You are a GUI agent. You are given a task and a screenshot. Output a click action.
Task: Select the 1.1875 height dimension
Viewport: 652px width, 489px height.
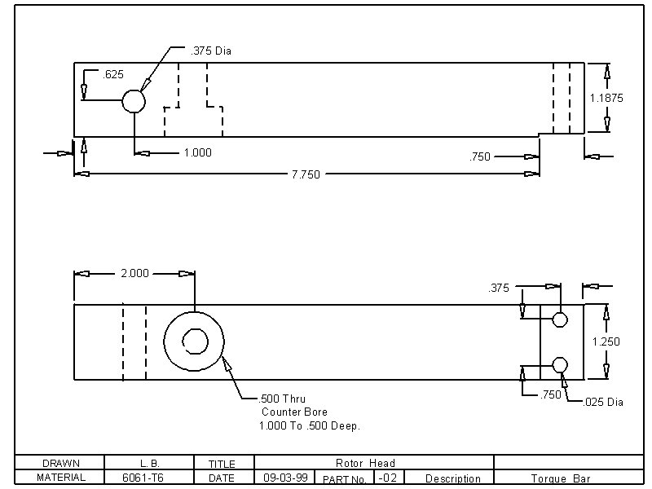click(606, 98)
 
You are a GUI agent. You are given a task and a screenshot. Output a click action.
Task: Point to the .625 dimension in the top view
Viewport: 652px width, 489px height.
click(113, 75)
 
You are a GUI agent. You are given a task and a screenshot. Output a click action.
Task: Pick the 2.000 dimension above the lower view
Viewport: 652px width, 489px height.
click(134, 274)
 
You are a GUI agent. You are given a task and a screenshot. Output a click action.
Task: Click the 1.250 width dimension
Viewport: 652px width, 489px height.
click(606, 341)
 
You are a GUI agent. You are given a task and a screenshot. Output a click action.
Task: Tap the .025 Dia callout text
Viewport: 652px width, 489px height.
click(604, 402)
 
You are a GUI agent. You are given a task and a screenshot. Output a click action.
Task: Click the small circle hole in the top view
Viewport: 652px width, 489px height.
click(133, 101)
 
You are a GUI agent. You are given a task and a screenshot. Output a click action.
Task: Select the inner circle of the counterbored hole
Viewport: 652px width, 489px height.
click(194, 341)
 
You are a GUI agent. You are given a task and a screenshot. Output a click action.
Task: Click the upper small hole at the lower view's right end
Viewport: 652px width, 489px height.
click(559, 319)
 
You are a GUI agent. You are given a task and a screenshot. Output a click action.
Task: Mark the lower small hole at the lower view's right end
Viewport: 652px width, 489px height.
click(559, 364)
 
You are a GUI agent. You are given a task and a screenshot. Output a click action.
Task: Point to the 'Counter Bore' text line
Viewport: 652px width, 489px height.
click(296, 412)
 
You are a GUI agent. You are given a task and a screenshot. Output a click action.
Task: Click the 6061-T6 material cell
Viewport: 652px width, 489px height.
click(149, 478)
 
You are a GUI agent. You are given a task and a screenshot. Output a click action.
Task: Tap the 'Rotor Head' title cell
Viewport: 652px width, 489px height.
click(364, 463)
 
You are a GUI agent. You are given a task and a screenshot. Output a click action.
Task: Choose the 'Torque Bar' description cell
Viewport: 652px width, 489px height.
click(561, 478)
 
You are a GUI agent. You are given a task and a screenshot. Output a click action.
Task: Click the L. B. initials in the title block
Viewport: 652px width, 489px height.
click(149, 463)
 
